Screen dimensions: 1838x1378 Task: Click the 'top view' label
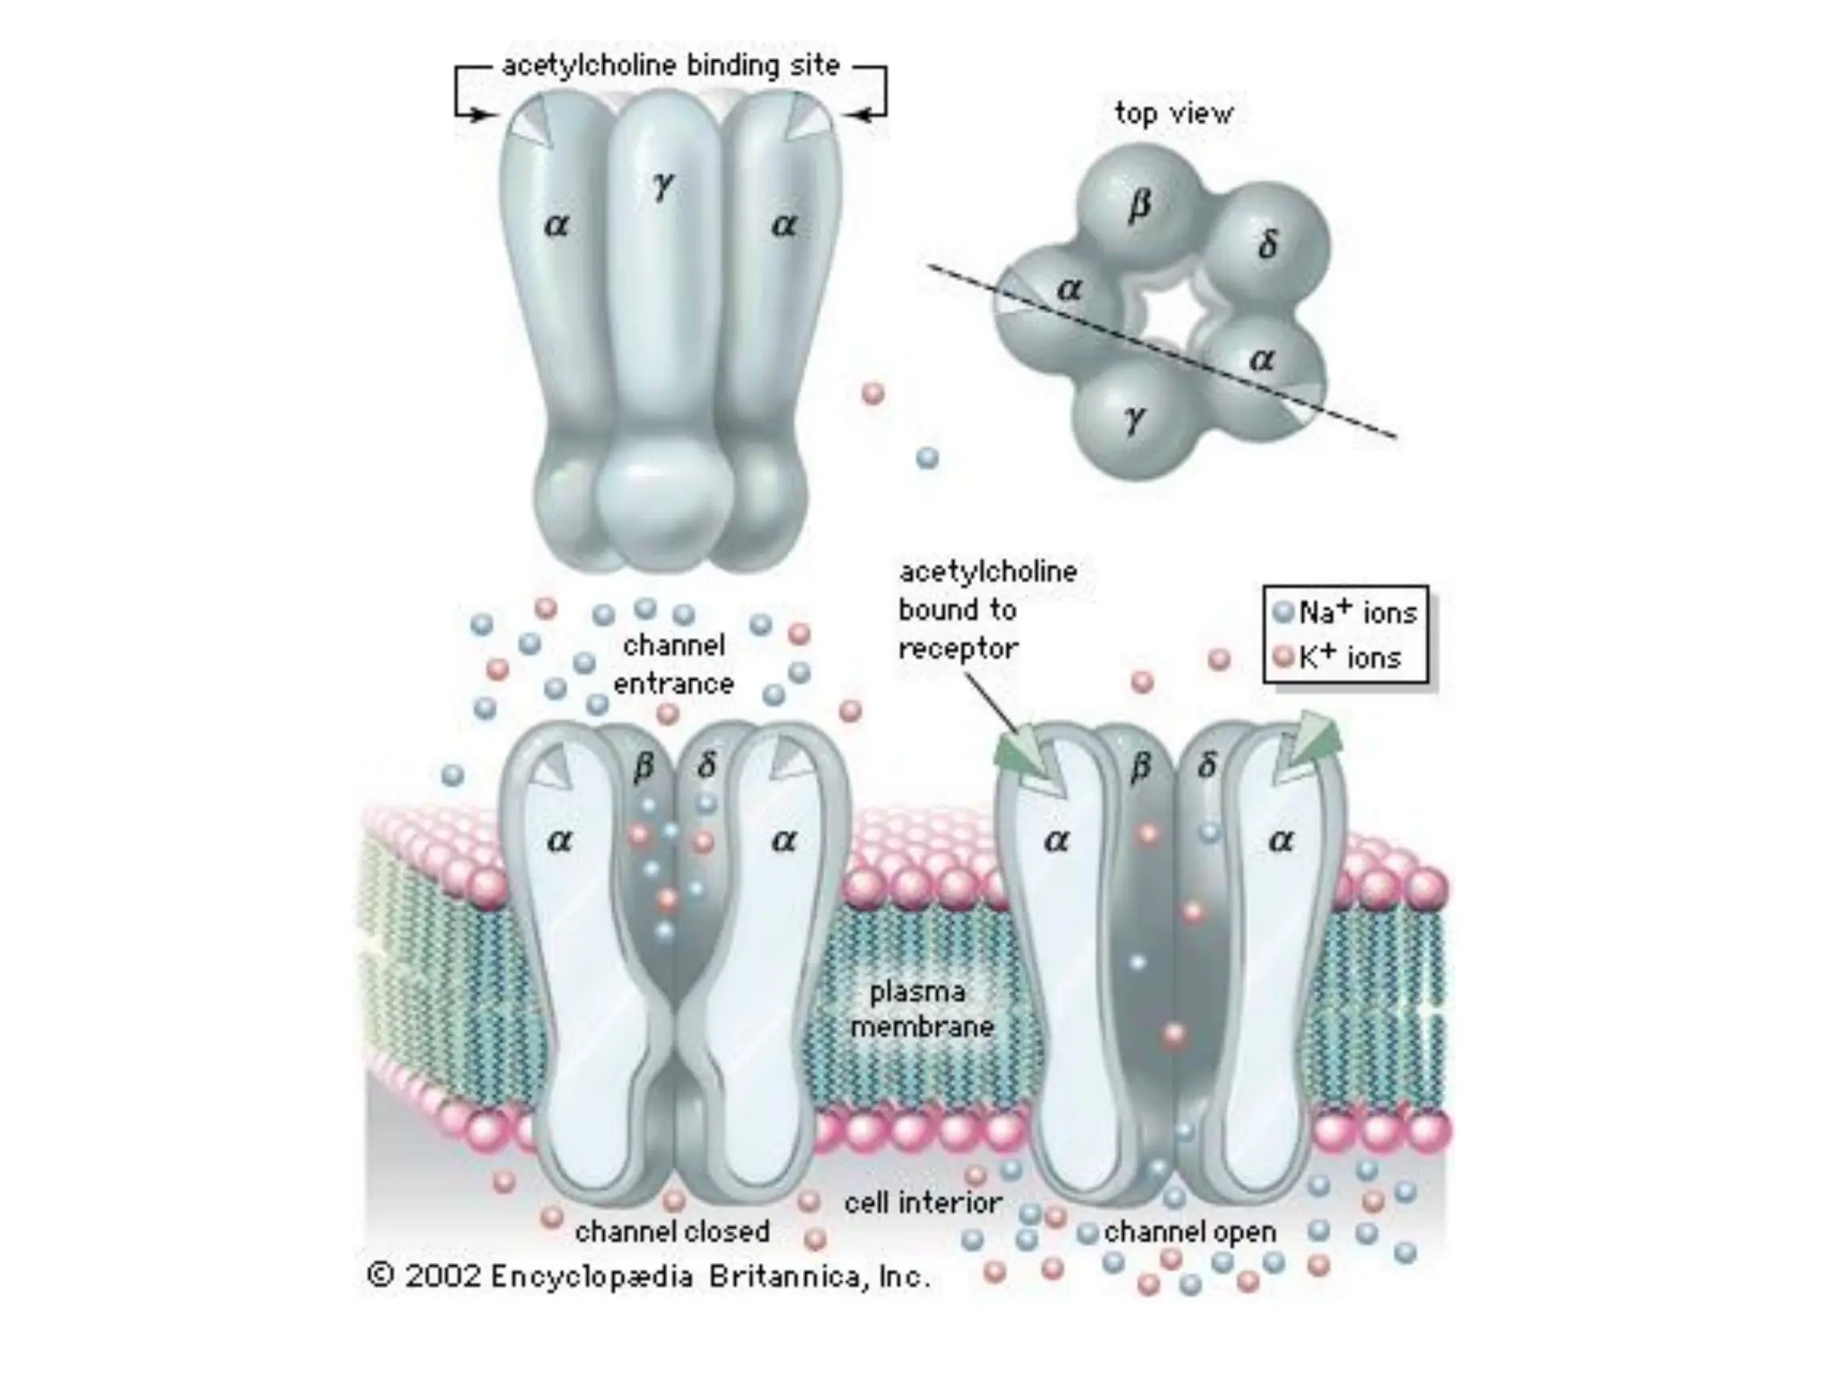[1173, 113]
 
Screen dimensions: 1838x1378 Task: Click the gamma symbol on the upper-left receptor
[663, 186]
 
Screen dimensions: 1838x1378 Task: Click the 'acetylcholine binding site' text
[670, 65]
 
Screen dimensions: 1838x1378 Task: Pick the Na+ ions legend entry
[1346, 613]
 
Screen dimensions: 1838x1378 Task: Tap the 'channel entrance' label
[673, 665]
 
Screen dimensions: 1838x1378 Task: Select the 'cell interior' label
[923, 1203]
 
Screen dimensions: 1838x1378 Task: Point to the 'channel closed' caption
[672, 1232]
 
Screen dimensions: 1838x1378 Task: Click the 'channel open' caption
[1190, 1233]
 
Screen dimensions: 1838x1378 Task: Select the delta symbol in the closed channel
[707, 765]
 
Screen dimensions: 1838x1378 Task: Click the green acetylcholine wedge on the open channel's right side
[1311, 743]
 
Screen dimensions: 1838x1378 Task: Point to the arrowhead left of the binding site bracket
[486, 115]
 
